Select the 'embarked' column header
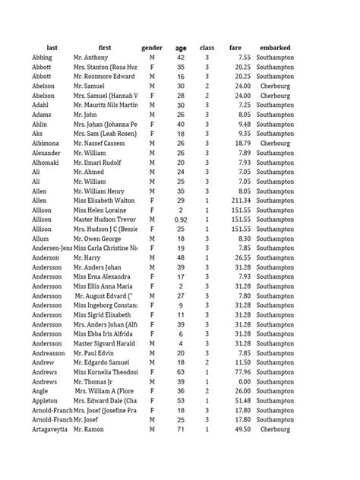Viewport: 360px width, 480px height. [275, 48]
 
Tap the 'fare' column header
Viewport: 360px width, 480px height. [236, 48]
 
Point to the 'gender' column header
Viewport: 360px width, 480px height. [152, 48]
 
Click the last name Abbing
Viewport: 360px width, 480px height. [43, 58]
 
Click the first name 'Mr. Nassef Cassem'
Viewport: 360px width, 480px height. [100, 143]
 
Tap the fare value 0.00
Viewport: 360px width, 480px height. [244, 382]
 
